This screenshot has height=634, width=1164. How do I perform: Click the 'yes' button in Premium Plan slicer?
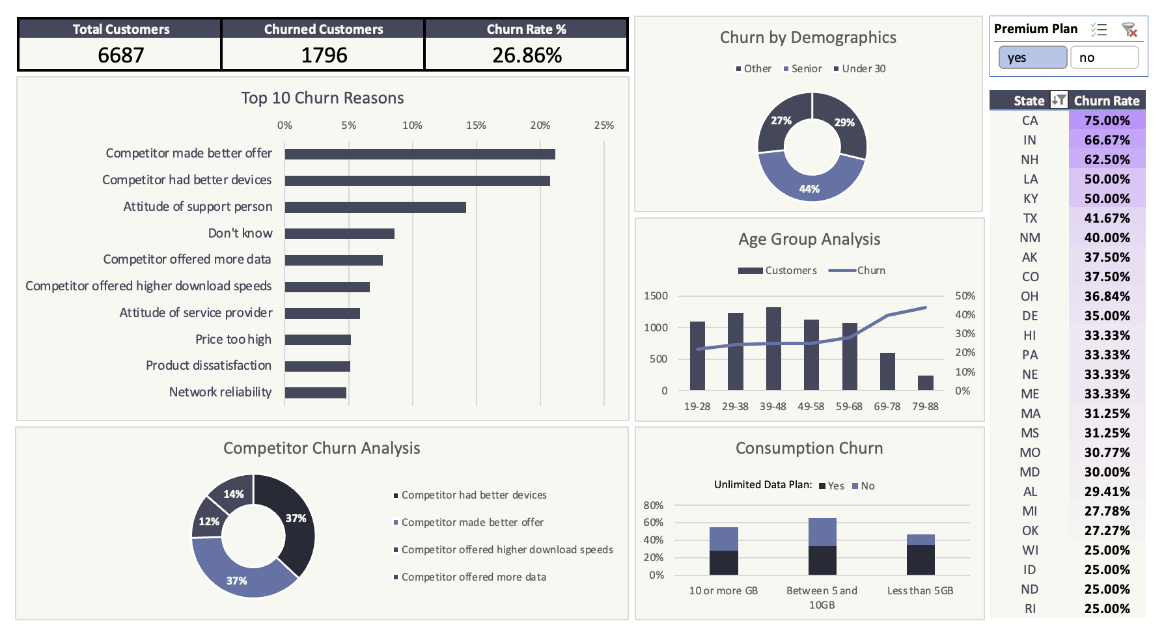(x=1032, y=57)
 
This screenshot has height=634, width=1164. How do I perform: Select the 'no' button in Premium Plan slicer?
(x=1104, y=57)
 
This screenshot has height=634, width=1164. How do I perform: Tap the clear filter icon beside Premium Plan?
(x=1129, y=29)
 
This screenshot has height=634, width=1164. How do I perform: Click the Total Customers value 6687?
(x=120, y=55)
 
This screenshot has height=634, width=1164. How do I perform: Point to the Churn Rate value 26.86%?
(x=527, y=55)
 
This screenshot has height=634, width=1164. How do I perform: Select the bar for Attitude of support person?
(x=375, y=207)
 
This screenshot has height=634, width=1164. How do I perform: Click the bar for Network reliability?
(x=315, y=393)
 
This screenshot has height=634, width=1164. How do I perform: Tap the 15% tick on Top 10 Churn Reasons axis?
(x=476, y=125)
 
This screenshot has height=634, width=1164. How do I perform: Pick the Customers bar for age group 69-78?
(x=887, y=371)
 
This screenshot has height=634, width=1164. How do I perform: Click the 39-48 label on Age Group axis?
(x=773, y=406)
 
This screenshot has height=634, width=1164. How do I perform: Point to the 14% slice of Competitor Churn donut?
(x=232, y=494)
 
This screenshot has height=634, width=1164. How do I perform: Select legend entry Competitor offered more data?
(x=473, y=577)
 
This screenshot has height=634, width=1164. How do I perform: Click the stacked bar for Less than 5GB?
(x=921, y=555)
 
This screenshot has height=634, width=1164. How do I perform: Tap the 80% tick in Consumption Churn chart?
(x=653, y=505)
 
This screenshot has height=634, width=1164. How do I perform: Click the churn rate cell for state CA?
(x=1107, y=120)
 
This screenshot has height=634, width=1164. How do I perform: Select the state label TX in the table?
(x=1030, y=218)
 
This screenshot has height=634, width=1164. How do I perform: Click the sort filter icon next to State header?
(x=1059, y=100)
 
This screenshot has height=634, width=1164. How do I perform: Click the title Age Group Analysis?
(x=809, y=239)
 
